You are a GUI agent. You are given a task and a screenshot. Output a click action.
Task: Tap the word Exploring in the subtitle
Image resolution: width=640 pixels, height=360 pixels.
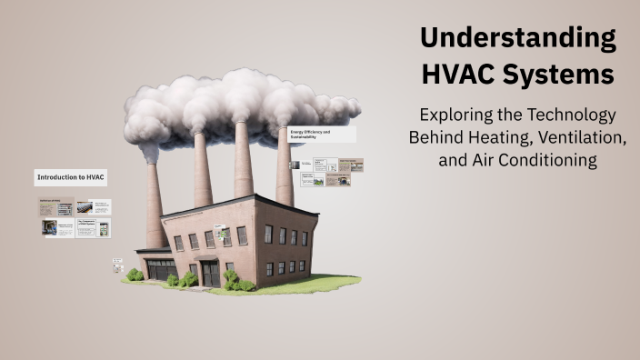(x=457, y=116)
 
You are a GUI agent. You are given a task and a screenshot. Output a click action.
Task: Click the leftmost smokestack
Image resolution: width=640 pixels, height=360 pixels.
(x=155, y=205)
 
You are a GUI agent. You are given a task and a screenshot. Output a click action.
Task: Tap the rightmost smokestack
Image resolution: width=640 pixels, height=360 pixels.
(x=285, y=168)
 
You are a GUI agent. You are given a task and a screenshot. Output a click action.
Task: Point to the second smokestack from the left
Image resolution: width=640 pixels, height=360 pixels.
(x=202, y=173)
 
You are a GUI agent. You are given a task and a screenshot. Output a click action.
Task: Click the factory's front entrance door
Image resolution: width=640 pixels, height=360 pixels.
(x=210, y=274)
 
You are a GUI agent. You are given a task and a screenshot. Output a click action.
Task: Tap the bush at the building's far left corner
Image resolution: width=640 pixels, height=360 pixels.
(x=135, y=275)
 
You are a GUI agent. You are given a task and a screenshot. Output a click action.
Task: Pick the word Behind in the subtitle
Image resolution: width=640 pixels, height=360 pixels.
(x=435, y=138)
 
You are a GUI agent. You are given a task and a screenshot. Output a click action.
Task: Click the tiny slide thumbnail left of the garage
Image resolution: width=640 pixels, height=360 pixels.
(x=117, y=265)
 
